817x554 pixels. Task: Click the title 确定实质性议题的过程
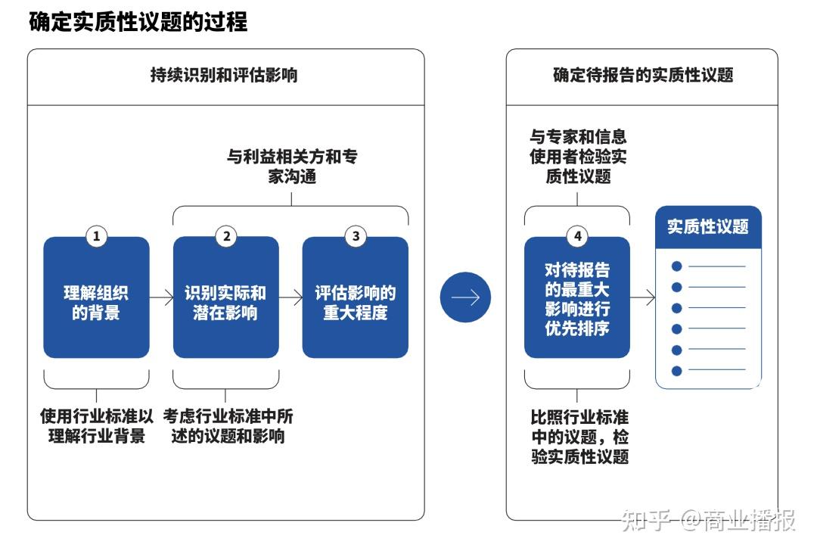coord(138,22)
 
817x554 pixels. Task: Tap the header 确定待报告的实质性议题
coord(642,75)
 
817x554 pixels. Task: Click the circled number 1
coord(96,236)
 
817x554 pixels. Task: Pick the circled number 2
coord(225,236)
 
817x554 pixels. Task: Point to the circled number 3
coord(356,236)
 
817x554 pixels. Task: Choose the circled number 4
coord(577,236)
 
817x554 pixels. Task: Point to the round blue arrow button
coord(465,297)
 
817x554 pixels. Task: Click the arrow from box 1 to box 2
coord(161,297)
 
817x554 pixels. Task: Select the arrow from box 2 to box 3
coord(290,297)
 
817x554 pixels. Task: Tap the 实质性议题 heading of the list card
coord(708,226)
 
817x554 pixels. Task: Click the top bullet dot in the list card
coord(676,266)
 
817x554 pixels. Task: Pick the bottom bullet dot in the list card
coord(676,371)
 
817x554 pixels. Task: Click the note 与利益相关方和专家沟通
coord(292,167)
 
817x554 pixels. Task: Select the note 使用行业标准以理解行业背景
coord(96,426)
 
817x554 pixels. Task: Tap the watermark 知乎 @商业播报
coord(708,521)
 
